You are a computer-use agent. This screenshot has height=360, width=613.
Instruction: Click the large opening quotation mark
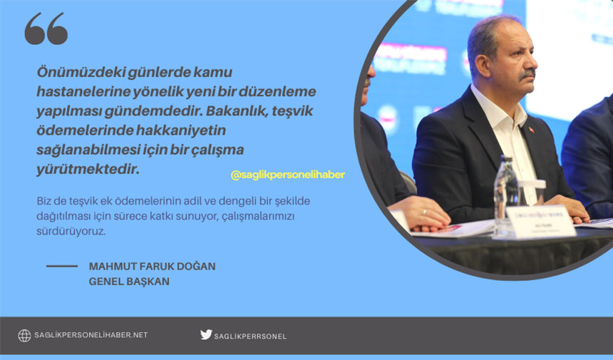tap(46, 29)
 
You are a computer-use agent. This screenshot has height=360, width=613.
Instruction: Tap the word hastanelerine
tap(79, 93)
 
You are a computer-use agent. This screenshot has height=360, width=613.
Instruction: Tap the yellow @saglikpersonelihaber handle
tap(287, 175)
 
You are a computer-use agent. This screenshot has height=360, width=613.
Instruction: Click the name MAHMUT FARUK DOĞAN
tap(152, 266)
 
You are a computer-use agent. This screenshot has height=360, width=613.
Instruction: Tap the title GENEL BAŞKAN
tap(129, 281)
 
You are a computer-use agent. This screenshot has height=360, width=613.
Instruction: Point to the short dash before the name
tap(62, 266)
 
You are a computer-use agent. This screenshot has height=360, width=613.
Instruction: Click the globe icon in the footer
tap(24, 335)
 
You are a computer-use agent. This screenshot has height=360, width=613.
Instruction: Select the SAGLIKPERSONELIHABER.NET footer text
tap(91, 335)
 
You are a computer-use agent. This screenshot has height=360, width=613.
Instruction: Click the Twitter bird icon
tap(206, 334)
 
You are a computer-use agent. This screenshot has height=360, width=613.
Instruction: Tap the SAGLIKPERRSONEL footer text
tap(250, 336)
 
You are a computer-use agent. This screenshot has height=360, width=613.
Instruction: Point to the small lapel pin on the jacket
tap(531, 129)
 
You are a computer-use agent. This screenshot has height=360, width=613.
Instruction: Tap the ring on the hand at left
tap(424, 212)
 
